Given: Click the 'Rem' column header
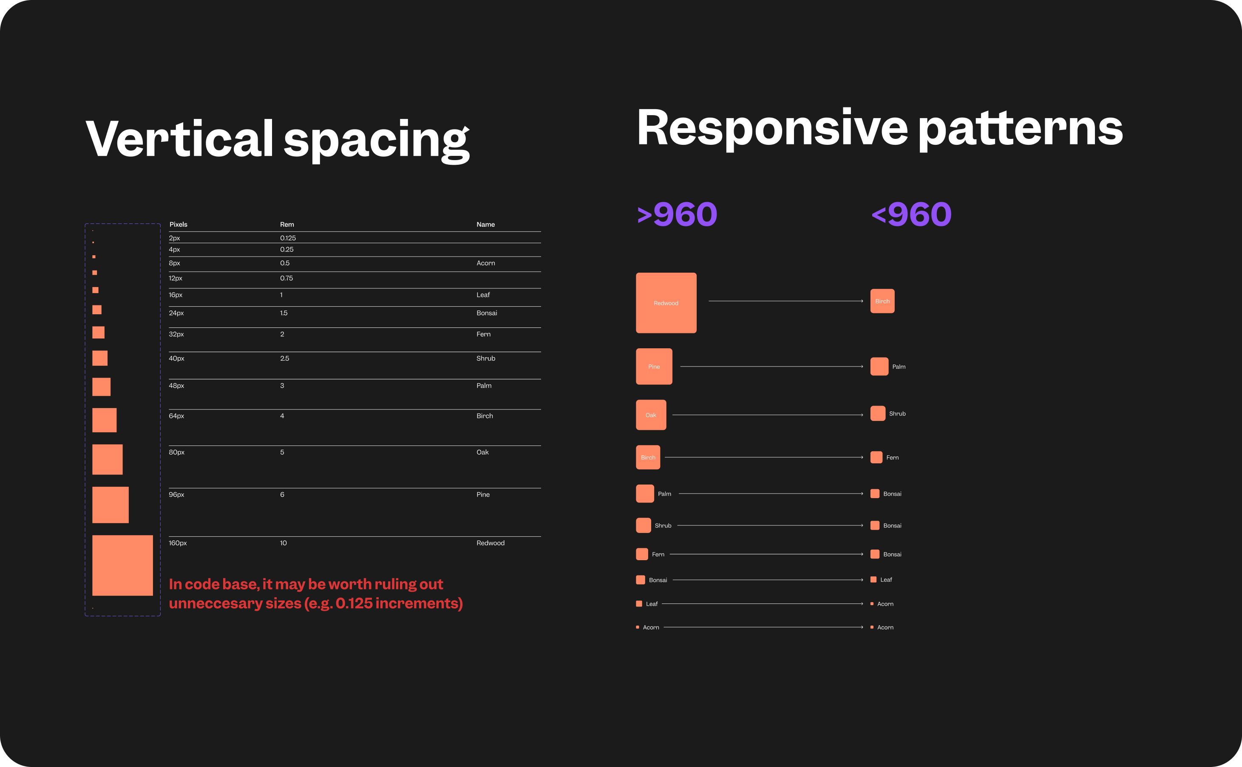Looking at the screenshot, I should (287, 224).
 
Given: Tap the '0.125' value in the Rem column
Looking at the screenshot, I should (288, 238).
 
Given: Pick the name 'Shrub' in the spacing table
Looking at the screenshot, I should (485, 358).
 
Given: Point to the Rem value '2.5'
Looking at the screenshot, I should (284, 358).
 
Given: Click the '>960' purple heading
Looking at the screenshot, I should (677, 214).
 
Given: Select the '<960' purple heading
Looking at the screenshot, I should (911, 214).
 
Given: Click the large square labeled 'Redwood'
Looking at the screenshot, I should (666, 303).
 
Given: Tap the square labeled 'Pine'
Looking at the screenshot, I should (654, 366).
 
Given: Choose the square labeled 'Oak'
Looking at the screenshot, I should (651, 415).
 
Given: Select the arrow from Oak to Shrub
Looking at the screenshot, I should (767, 415).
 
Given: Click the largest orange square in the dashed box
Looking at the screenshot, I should (122, 565).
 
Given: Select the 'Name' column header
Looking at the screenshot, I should (485, 224).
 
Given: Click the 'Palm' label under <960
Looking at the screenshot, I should (899, 367).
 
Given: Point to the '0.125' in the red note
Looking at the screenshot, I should (354, 603).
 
